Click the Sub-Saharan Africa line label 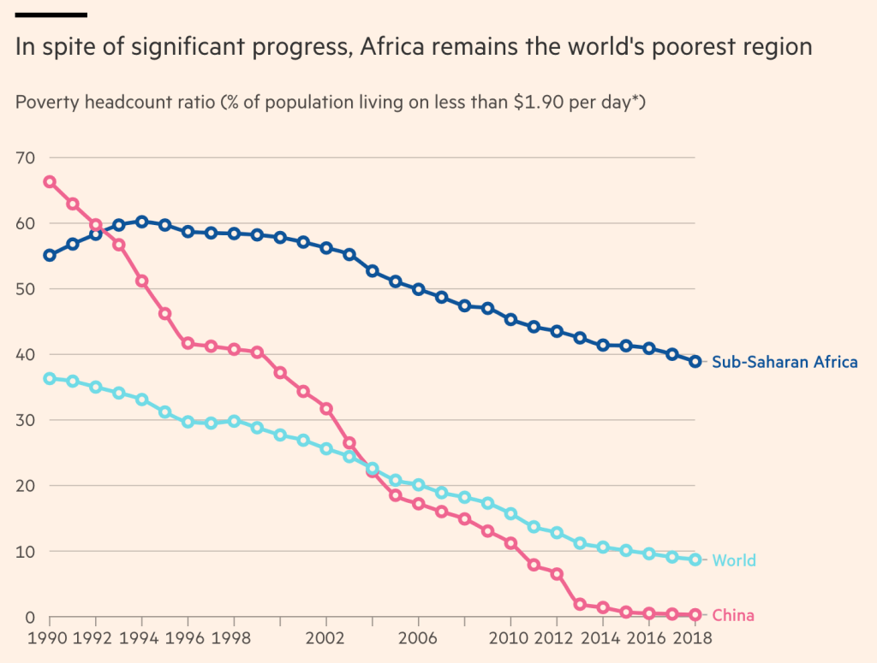[785, 362]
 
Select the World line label [734, 560]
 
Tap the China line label [733, 616]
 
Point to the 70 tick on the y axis [25, 158]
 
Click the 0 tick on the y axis [30, 617]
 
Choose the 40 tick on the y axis [25, 355]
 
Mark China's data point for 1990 [50, 181]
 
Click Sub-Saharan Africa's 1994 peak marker [142, 222]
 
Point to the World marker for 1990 [50, 378]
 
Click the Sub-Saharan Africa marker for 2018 [695, 361]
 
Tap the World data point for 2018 [695, 559]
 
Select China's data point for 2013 [580, 604]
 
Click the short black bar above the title [51, 15]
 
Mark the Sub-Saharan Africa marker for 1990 [50, 255]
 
